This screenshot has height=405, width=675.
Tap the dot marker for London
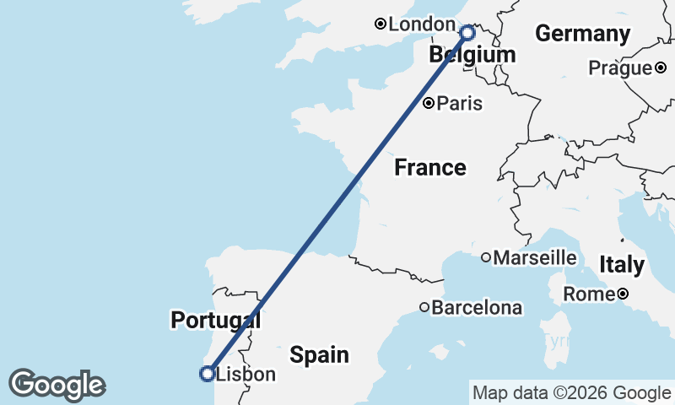(x=381, y=24)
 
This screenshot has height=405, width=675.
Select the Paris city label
(x=461, y=104)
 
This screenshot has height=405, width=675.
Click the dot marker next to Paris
(x=429, y=104)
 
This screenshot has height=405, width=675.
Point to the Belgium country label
(x=472, y=56)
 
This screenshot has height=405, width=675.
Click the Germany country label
(x=583, y=35)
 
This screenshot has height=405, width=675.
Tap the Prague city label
(x=621, y=67)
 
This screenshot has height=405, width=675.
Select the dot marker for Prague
(x=661, y=67)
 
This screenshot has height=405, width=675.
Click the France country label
(x=430, y=168)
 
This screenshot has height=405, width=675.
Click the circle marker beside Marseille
(x=486, y=257)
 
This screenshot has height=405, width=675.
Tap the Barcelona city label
(x=477, y=308)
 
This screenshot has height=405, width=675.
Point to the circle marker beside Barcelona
(x=424, y=308)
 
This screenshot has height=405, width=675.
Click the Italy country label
(x=622, y=265)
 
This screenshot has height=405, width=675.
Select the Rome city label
(x=588, y=294)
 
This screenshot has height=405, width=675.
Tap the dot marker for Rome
(x=622, y=294)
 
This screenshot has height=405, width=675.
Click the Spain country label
(x=320, y=354)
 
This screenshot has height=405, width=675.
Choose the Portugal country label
(x=215, y=321)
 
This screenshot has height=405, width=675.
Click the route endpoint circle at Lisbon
(x=206, y=373)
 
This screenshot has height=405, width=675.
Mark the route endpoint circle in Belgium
(x=467, y=33)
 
